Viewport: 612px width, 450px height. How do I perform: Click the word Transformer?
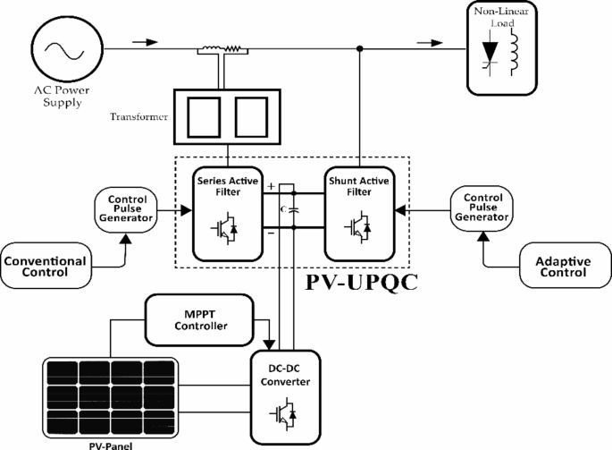tap(138, 116)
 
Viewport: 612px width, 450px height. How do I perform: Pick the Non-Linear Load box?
tap(502, 48)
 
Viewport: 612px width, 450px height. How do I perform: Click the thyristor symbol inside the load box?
tap(490, 55)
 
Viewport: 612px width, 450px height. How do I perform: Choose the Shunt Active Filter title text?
tap(359, 184)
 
